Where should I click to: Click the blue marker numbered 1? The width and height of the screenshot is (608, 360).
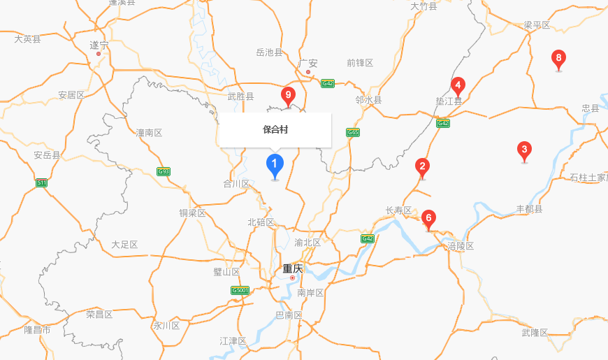click(275, 166)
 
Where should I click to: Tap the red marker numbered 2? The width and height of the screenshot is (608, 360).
click(422, 166)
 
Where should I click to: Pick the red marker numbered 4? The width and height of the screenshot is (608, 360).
click(458, 87)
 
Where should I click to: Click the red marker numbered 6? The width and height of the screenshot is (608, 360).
click(428, 217)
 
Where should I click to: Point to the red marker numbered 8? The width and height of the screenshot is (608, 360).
click(558, 58)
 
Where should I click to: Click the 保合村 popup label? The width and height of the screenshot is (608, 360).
click(275, 129)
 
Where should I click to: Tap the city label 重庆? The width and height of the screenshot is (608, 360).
click(293, 268)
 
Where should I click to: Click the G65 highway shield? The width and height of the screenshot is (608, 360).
click(353, 132)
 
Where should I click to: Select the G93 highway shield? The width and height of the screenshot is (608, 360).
click(164, 171)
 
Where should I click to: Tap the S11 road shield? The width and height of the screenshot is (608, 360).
click(42, 183)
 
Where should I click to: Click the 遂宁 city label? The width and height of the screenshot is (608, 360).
click(99, 45)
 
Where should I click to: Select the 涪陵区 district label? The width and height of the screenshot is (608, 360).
click(461, 246)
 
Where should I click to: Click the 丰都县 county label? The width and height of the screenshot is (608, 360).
click(529, 209)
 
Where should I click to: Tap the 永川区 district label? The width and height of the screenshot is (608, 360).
click(167, 326)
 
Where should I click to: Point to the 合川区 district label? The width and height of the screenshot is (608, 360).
click(236, 184)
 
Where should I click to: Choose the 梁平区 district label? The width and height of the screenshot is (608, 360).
click(537, 25)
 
